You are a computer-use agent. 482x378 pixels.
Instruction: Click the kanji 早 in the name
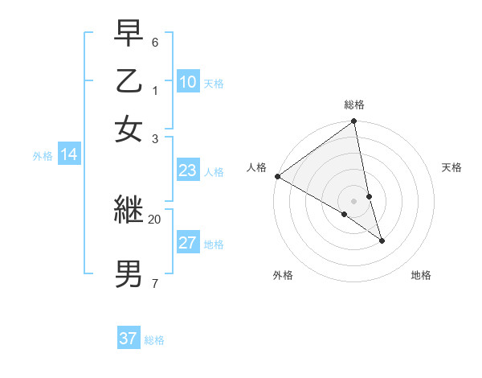[x=129, y=34]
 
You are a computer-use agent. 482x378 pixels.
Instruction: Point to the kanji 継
[x=129, y=210]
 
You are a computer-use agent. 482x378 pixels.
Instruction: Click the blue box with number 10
[x=188, y=82]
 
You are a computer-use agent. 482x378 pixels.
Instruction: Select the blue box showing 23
[x=188, y=171]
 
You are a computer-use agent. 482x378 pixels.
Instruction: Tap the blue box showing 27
[x=188, y=243]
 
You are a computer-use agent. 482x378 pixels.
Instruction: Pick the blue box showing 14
[x=68, y=155]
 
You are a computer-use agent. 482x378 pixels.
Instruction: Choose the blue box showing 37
[x=129, y=339]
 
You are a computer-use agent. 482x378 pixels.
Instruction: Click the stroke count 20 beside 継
[x=154, y=219]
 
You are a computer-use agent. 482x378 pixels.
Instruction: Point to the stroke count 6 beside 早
[x=154, y=40]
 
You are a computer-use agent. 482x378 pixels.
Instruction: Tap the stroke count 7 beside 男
[x=154, y=283]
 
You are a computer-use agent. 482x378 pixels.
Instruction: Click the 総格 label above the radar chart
[x=354, y=105]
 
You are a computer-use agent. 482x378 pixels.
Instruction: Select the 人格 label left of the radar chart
[x=256, y=167]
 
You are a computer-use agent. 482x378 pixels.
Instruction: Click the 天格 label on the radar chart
[x=452, y=167]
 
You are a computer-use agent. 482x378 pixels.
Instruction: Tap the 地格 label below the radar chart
[x=421, y=275]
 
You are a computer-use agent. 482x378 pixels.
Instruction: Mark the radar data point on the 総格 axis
[x=354, y=122]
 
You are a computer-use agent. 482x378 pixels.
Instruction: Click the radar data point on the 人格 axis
[x=278, y=176]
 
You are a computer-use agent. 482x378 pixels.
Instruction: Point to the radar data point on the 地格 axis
[x=382, y=240]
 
